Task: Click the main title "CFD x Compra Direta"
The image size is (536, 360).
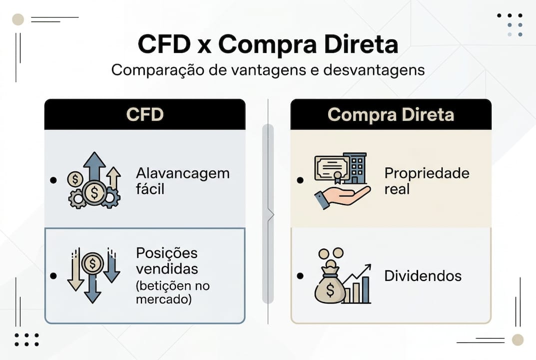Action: point(268,44)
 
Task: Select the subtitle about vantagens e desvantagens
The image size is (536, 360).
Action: point(268,69)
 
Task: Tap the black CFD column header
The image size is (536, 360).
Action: point(145,114)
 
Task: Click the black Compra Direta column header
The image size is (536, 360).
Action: point(391,114)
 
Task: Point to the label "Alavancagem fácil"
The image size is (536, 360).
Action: point(182,181)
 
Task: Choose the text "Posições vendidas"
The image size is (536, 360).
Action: point(167,260)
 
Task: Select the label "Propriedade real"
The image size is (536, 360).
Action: point(427,181)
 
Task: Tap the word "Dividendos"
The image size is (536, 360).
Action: point(423,276)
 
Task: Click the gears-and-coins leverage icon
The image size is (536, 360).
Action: point(93,181)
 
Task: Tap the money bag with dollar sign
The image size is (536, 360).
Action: point(329,287)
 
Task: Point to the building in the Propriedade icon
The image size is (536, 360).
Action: point(357,168)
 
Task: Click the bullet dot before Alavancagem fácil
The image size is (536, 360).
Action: point(53,180)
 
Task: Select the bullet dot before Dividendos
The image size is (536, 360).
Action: point(299,276)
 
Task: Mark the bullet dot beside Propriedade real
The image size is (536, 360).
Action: point(299,180)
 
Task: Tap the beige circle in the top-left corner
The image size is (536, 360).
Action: point(18,19)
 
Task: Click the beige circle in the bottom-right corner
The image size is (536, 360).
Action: point(518,340)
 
